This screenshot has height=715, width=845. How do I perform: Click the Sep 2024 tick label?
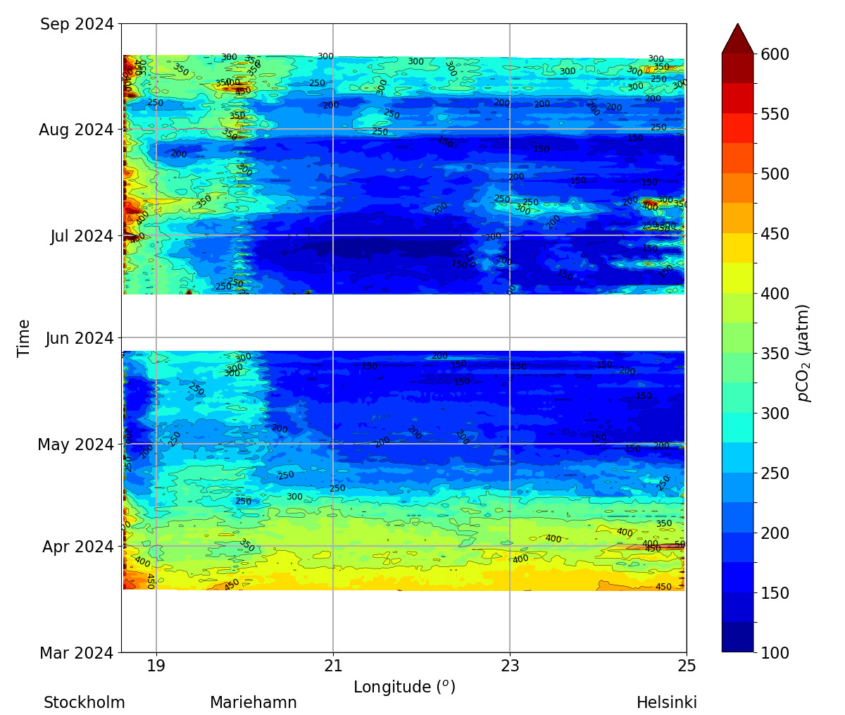coord(76,25)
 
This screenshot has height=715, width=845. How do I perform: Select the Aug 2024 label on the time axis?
coord(76,130)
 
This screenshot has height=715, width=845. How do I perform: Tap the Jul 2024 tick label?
coord(82,236)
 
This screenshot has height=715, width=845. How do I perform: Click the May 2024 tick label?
coord(75,445)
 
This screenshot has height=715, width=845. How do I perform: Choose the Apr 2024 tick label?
coord(77,547)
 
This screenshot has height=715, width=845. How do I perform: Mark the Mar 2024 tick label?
coord(76,654)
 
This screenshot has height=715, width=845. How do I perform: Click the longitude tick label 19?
coord(156,666)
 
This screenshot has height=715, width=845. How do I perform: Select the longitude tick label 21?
coord(333,666)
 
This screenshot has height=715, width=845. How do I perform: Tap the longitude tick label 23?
coord(510,666)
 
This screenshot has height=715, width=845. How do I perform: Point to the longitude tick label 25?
coord(687,666)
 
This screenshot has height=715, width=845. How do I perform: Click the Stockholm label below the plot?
coord(84,703)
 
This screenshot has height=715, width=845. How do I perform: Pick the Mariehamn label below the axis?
coord(254,703)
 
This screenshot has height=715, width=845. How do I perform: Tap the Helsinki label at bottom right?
coord(667,703)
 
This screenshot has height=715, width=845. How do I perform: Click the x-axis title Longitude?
coord(404,687)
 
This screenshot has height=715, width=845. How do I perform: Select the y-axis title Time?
coord(24,338)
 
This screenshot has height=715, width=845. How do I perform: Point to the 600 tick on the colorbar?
coord(775,54)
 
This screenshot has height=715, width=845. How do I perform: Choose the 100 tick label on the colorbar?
coord(775,653)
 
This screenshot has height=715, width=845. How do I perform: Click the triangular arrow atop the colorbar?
coord(737,39)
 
